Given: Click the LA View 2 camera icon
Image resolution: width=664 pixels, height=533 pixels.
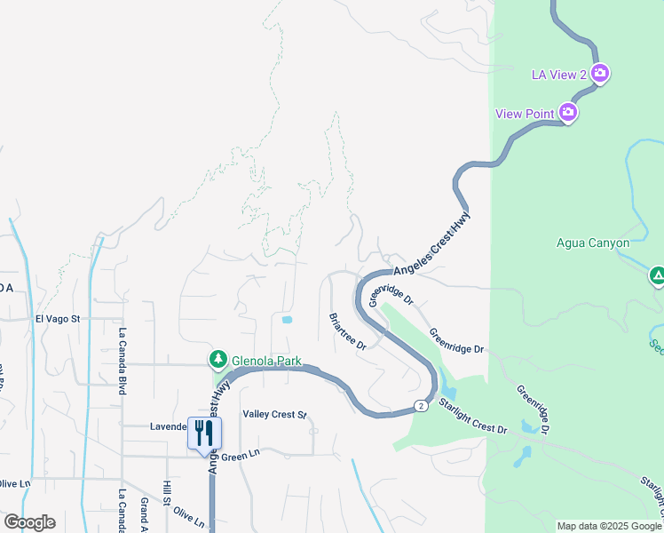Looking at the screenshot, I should coord(600,73).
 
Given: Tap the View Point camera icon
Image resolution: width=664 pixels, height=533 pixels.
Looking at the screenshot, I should coord(568,113).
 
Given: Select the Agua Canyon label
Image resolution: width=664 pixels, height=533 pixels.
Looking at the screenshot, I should coord(592,243).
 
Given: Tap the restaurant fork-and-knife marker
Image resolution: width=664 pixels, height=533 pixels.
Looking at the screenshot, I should coord(204,433).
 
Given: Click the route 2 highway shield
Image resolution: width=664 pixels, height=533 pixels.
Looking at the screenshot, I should coord(419,406).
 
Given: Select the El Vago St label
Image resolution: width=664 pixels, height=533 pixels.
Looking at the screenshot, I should coord(58,318).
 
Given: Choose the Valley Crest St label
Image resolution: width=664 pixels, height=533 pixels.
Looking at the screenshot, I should coord(274,415).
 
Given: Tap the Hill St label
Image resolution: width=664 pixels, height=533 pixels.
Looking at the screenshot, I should coord(166,493).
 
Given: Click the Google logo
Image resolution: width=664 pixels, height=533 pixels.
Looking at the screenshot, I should coord(29,522).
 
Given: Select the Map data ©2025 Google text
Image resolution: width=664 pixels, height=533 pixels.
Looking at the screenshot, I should coord(609,526).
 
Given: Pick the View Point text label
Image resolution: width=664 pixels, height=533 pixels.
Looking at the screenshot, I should coord(525,114).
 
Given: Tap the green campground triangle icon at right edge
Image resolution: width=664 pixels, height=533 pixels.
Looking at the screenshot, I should coord(657,277).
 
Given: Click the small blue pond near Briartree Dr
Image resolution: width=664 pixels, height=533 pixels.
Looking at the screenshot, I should coord(286,320).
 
